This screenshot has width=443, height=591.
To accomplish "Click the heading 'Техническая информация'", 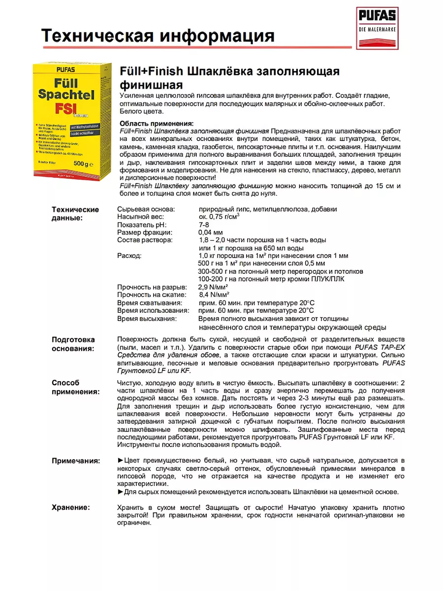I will (x=158, y=36).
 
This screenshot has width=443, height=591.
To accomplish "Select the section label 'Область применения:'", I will (x=157, y=123).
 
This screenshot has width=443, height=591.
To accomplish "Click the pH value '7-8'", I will (x=204, y=225).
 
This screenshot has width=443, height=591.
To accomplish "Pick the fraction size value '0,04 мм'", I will (x=210, y=232).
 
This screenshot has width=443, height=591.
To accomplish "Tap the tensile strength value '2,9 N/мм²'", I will (x=213, y=287).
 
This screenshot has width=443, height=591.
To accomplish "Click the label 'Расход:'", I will (x=129, y=256).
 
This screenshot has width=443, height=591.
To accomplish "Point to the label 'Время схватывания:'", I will (x=150, y=302).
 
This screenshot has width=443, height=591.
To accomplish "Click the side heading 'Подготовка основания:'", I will (x=73, y=344).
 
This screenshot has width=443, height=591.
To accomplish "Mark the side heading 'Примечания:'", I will (x=76, y=460).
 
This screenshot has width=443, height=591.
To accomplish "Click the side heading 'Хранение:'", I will (x=71, y=507).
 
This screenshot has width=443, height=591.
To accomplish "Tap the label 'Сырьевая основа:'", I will (x=145, y=209).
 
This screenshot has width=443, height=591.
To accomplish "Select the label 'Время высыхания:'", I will (x=147, y=319).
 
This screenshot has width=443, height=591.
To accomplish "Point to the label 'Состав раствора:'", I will (x=145, y=240).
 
